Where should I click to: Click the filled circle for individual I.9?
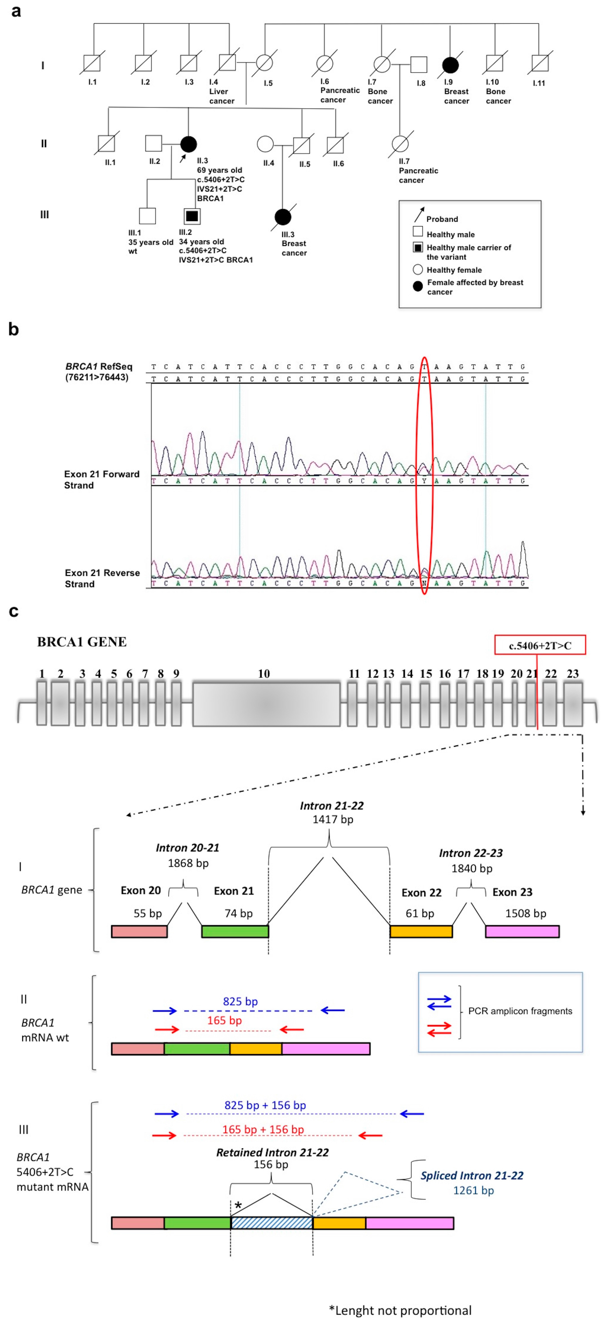[450, 65]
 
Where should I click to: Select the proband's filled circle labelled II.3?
[189, 144]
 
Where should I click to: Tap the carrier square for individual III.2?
[192, 216]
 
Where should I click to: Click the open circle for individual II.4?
[265, 144]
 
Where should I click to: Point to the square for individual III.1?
[148, 216]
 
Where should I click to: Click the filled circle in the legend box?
[418, 286]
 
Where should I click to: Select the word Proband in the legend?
[442, 219]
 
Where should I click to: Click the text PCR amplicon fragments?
[520, 1011]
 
